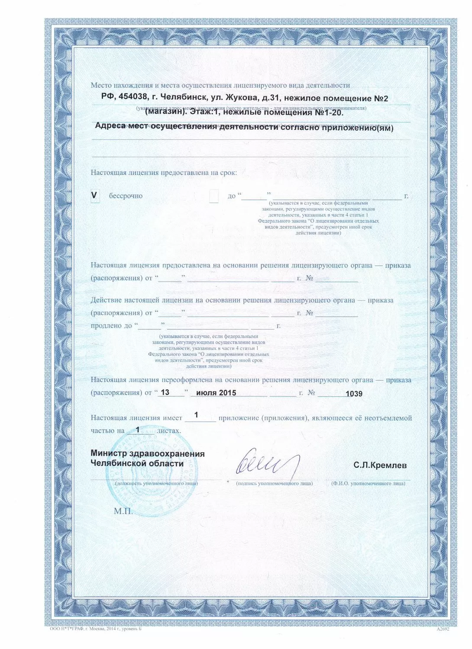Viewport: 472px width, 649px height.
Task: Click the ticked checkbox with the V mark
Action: point(94,196)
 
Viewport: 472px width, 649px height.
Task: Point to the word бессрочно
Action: point(126,196)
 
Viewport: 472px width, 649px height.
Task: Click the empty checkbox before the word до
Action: point(213,196)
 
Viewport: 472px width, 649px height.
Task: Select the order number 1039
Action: point(354,393)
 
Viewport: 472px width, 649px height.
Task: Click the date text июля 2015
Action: point(216,392)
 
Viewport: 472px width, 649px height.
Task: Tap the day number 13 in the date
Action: point(165,392)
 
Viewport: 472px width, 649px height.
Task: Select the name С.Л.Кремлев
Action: point(380,466)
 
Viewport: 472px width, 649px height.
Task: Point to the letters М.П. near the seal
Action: point(123,511)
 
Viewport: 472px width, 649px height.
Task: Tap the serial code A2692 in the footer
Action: point(443,630)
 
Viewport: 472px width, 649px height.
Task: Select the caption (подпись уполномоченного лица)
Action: point(274,483)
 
